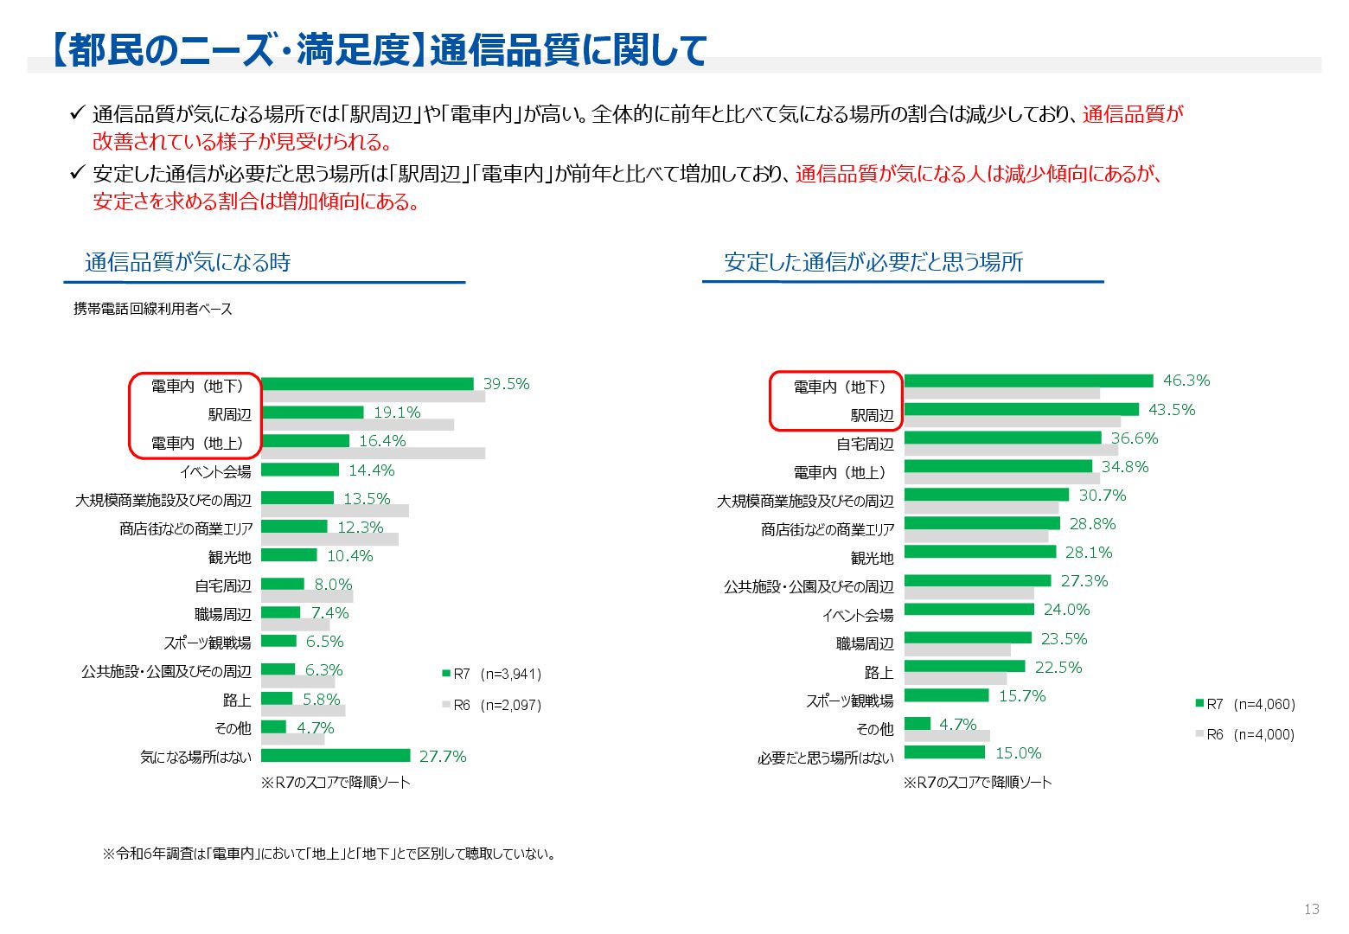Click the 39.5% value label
click(506, 384)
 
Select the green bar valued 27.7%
click(336, 755)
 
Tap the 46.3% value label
click(1186, 381)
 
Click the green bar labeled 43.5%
click(1021, 409)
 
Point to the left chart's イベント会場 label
click(215, 471)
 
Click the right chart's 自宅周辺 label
click(865, 445)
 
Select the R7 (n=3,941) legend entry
click(492, 674)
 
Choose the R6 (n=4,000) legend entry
click(1245, 734)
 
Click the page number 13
click(1311, 909)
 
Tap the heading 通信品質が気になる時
click(188, 262)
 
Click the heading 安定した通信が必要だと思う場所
click(873, 262)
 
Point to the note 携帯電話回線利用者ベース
click(153, 309)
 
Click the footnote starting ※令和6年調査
click(329, 854)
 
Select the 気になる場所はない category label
click(196, 757)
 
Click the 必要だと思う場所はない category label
click(826, 758)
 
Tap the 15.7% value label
click(1022, 696)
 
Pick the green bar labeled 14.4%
click(300, 470)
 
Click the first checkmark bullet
click(77, 113)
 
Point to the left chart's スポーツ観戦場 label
click(208, 643)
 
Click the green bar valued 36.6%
click(1003, 438)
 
